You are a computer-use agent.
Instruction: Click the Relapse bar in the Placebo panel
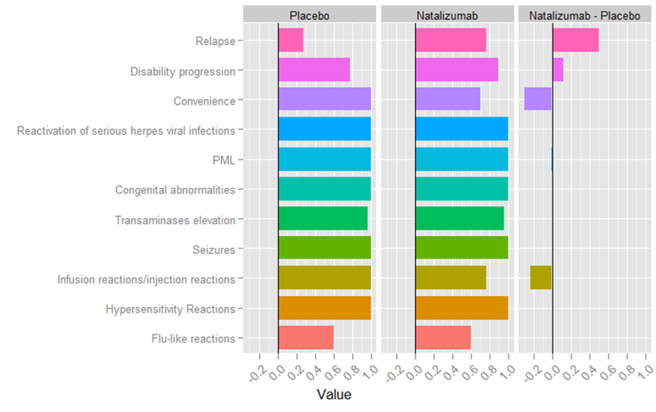(x=291, y=41)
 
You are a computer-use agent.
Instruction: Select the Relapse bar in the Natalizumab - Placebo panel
(x=575, y=41)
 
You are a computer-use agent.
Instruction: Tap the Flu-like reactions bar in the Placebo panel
(x=306, y=338)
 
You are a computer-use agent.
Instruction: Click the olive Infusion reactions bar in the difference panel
(x=541, y=279)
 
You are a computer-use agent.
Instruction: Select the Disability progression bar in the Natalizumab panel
(x=456, y=71)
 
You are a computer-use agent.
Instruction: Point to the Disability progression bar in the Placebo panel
(x=313, y=71)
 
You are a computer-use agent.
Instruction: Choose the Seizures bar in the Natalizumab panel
(x=461, y=249)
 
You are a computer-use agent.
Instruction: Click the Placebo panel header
(x=309, y=14)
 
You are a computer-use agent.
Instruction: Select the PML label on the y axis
(x=223, y=160)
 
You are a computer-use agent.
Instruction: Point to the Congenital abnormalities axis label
(x=174, y=190)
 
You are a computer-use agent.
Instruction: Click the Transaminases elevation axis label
(x=174, y=220)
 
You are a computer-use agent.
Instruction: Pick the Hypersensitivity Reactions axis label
(x=170, y=309)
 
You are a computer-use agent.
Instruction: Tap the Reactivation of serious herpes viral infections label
(x=126, y=130)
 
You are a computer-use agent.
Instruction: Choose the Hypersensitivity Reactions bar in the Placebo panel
(x=324, y=309)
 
